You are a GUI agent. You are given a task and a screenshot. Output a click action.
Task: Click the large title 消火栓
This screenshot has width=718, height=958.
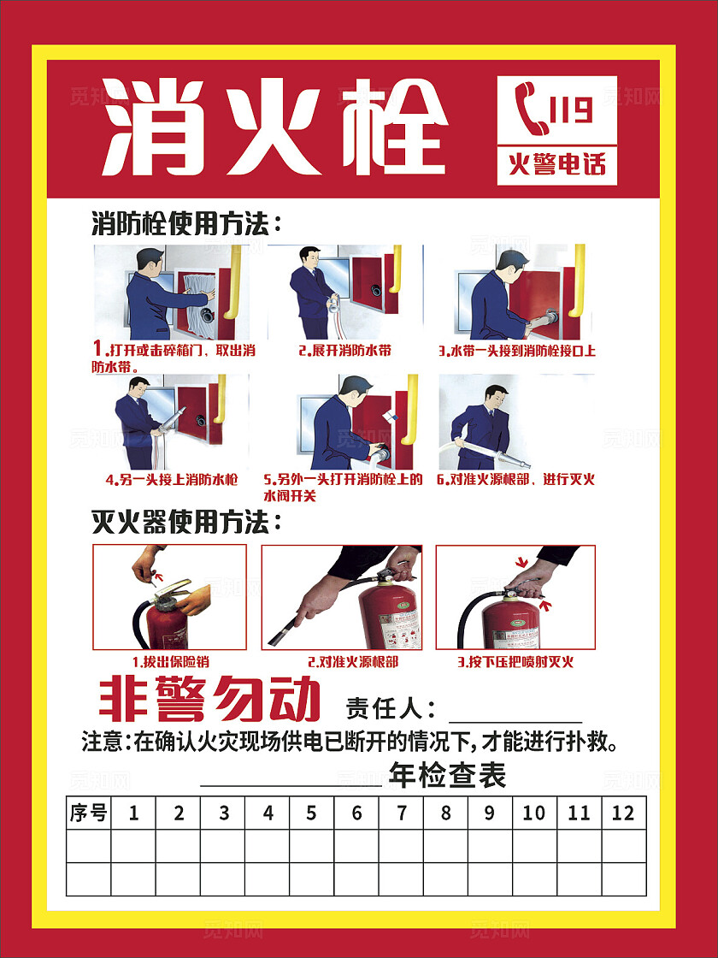click(274, 127)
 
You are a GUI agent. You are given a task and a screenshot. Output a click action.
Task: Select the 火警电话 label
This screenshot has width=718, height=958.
click(556, 163)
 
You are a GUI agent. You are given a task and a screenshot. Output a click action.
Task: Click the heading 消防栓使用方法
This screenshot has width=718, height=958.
click(186, 225)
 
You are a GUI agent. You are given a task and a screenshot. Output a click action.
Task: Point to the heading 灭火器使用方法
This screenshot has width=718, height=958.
click(186, 521)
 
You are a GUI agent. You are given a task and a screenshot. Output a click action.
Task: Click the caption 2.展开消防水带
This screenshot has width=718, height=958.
click(344, 351)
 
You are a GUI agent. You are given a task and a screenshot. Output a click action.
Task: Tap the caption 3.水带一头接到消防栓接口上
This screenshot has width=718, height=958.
click(516, 351)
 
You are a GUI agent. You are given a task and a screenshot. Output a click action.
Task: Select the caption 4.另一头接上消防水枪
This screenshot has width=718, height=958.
click(171, 479)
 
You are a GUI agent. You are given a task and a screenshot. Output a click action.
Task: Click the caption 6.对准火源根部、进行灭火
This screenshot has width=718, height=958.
click(515, 479)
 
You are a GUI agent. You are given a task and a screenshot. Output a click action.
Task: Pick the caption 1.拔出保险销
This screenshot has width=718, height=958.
click(170, 661)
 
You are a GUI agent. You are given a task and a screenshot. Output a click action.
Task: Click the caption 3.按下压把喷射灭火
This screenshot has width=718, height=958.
click(515, 661)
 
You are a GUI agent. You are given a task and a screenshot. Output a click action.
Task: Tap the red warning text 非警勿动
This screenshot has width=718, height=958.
click(210, 701)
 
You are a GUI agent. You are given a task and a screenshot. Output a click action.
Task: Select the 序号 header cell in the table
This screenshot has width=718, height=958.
click(89, 813)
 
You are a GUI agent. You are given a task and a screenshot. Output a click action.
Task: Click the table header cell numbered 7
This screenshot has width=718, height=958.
click(401, 813)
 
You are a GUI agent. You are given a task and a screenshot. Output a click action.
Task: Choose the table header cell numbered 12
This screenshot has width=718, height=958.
click(623, 813)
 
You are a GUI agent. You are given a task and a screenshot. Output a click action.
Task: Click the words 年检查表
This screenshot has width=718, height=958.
click(447, 776)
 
